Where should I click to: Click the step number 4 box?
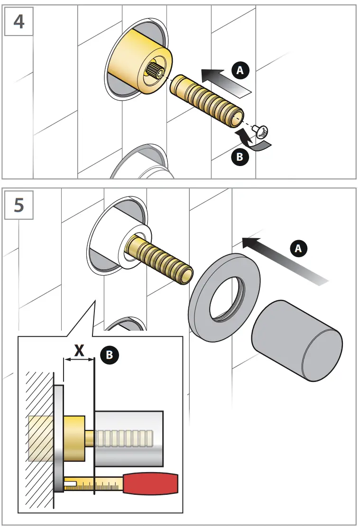[x=18, y=22]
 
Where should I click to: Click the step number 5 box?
[x=18, y=206]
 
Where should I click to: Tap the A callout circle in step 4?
[x=241, y=70]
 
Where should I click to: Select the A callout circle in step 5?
[x=298, y=248]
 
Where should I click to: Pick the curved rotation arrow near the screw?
[x=252, y=142]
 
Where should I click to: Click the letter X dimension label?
[x=80, y=350]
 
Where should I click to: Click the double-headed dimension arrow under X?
[x=79, y=360]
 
